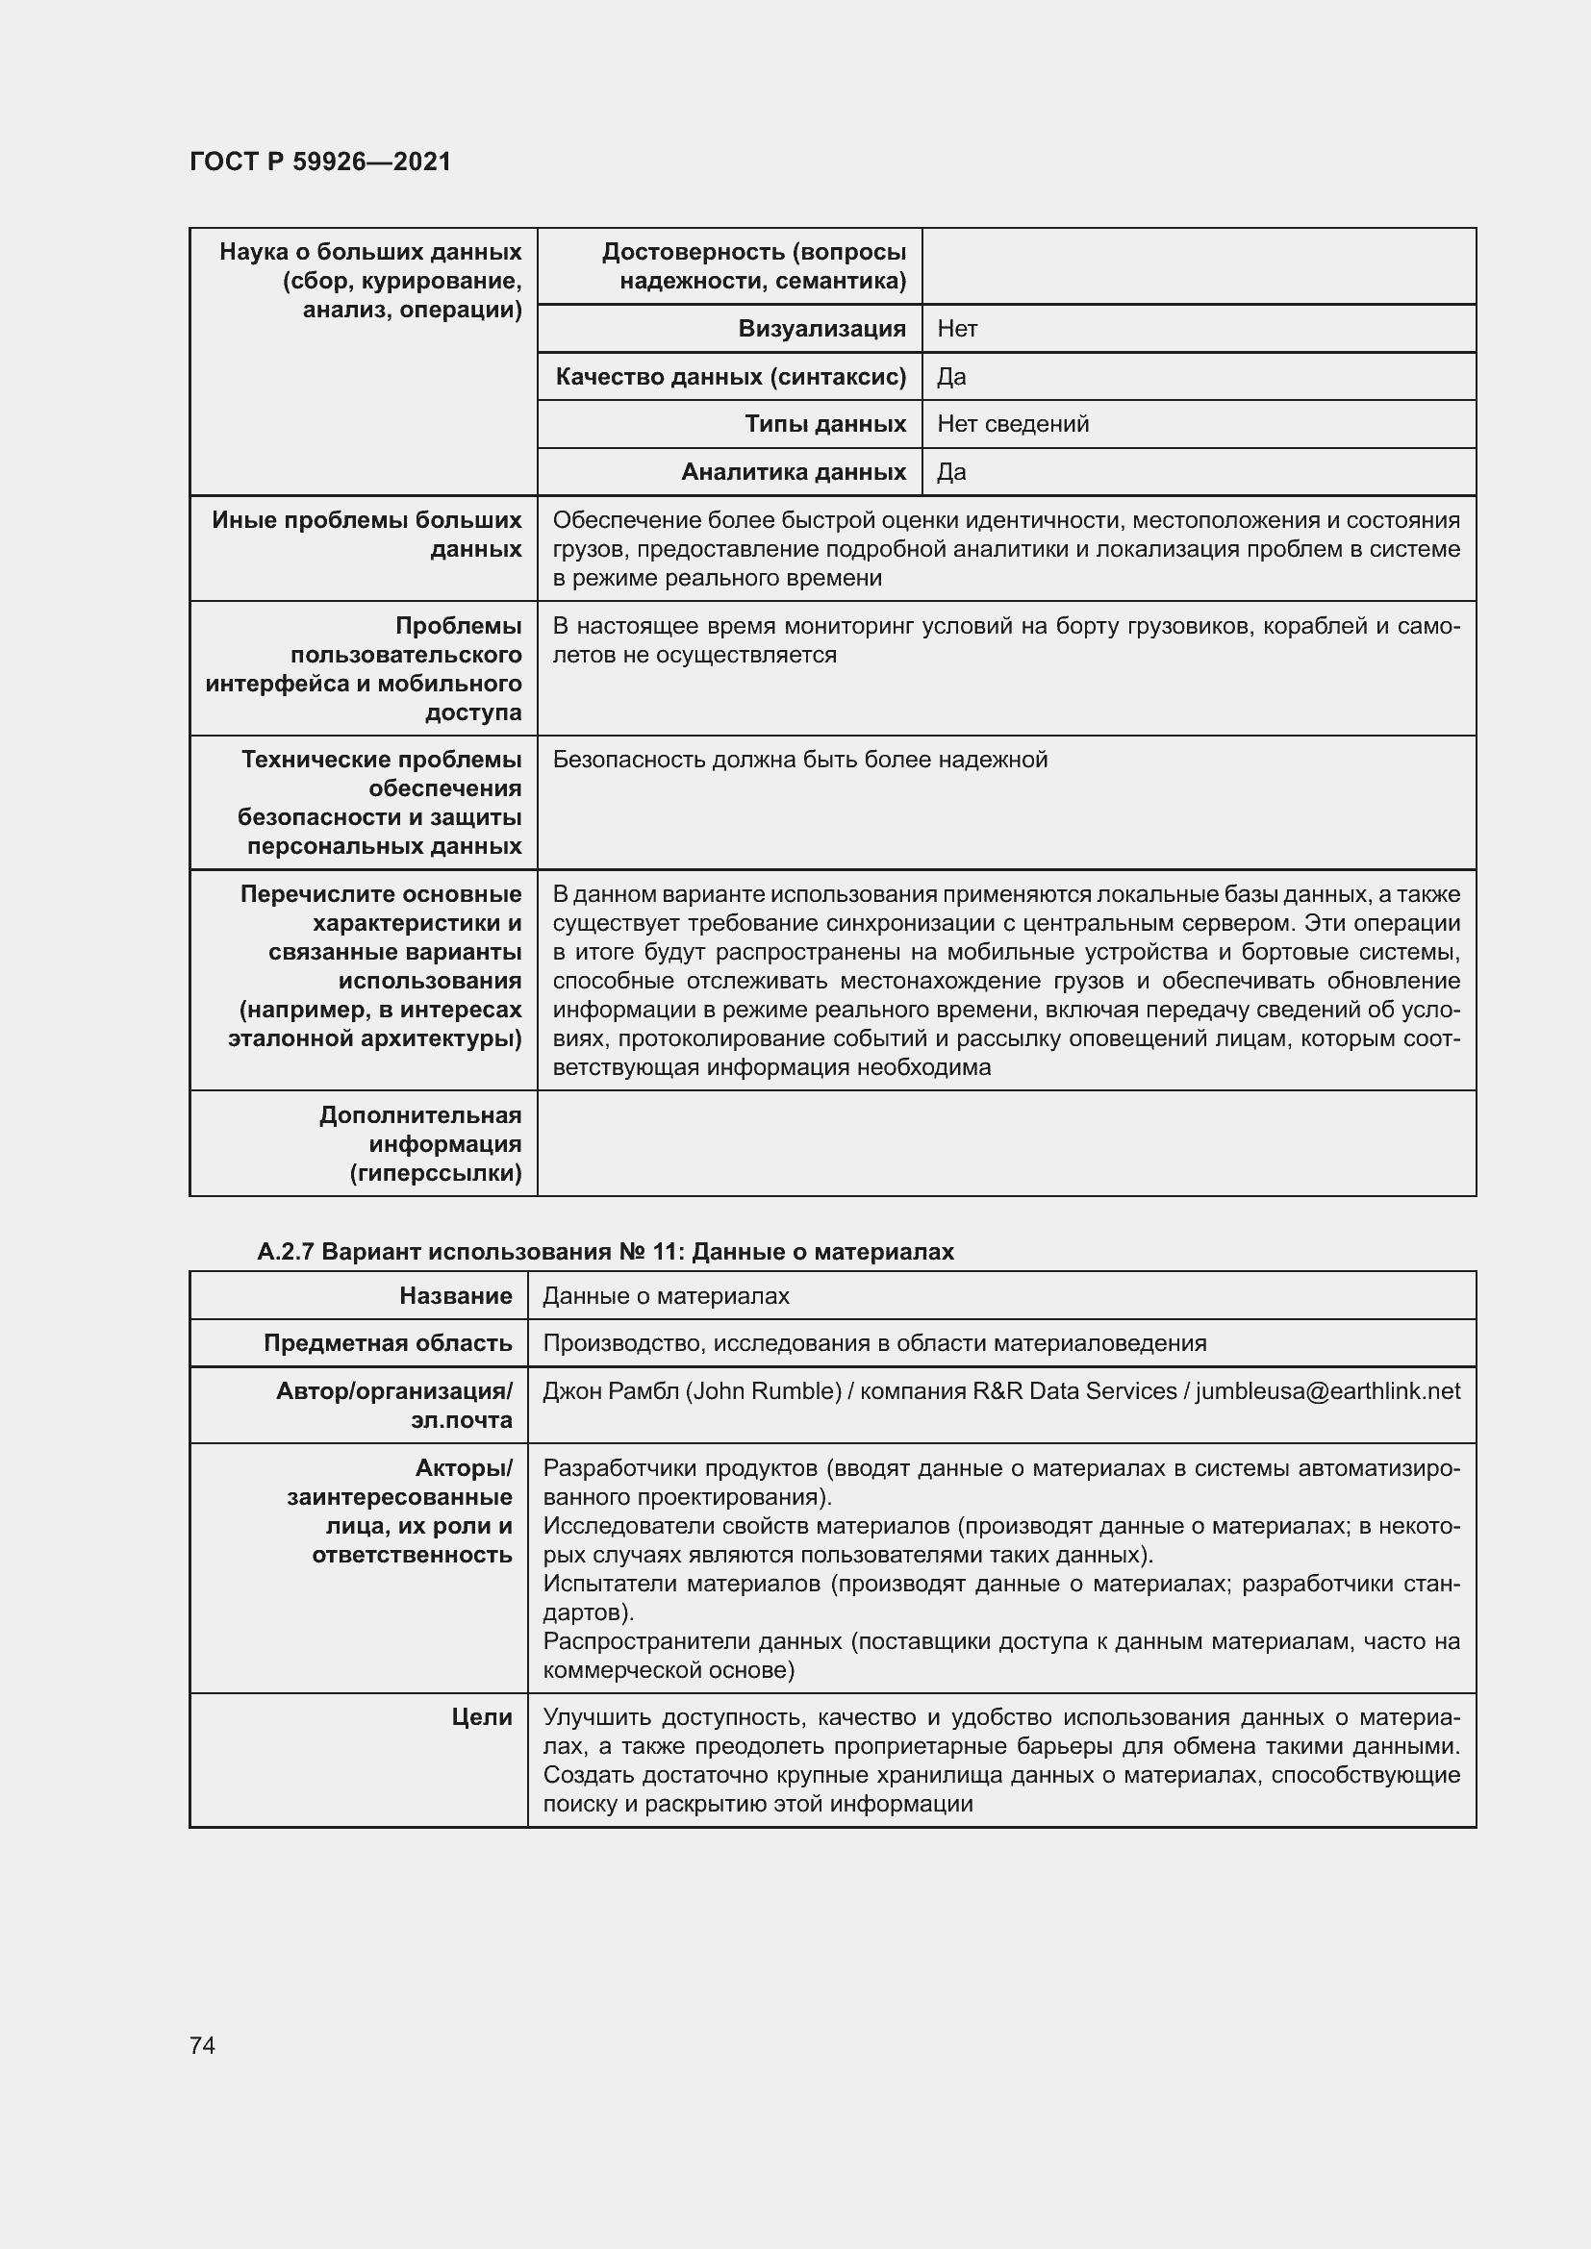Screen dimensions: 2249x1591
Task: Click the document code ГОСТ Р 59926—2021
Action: (320, 162)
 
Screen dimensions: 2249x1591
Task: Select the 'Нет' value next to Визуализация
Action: (957, 329)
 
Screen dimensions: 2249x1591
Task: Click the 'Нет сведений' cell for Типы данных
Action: (1013, 424)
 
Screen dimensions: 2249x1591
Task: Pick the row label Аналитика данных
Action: (793, 472)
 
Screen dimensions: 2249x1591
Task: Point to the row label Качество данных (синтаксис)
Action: (730, 377)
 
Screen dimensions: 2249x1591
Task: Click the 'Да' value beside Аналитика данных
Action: (951, 472)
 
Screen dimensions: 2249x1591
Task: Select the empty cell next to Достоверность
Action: (1199, 266)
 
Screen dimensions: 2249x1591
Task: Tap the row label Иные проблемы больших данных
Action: (366, 535)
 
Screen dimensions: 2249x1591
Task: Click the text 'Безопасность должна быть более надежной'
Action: (799, 761)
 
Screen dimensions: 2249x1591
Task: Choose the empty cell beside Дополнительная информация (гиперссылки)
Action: (1006, 1143)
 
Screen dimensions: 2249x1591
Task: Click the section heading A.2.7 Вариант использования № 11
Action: (604, 1252)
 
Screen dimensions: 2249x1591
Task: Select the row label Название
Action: (456, 1296)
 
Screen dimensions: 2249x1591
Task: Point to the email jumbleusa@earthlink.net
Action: (1327, 1391)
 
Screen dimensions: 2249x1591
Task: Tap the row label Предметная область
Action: (388, 1343)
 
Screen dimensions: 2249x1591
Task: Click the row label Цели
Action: (482, 1717)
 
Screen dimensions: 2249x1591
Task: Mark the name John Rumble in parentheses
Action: (763, 1391)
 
